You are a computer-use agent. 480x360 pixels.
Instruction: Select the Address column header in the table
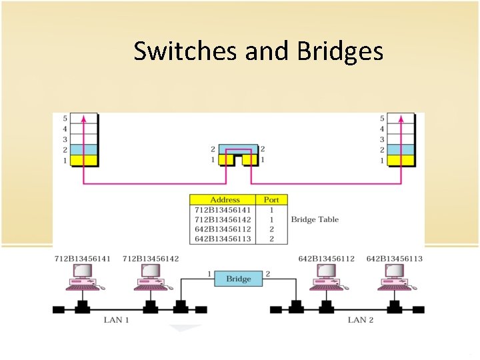225,199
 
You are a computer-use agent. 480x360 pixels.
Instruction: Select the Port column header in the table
272,199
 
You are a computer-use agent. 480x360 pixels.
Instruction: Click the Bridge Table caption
315,219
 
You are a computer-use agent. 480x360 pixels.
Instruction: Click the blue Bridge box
238,279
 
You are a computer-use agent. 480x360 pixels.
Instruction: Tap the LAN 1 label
116,320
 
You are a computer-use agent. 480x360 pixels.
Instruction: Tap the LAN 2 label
361,320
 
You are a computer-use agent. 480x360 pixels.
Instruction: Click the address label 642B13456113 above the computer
394,259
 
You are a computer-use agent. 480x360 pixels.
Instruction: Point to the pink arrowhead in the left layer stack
83,119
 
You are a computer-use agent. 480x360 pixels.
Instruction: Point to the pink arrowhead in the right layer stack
401,119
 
